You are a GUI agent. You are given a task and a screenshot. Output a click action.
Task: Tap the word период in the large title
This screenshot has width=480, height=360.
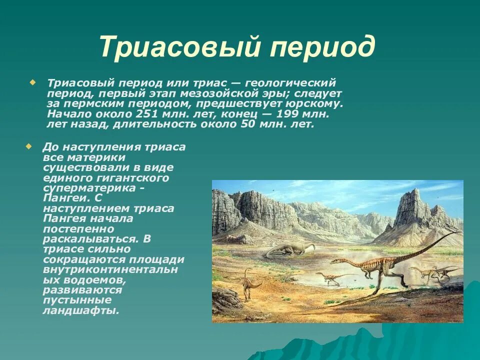322,48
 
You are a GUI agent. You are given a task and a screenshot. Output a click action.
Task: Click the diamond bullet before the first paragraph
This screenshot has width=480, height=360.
32,82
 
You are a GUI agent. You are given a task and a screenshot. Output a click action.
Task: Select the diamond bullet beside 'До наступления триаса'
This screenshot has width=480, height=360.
28,146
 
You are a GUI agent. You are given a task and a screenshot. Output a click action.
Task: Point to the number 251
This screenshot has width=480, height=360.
146,114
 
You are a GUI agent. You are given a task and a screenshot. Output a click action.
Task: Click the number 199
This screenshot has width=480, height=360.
287,114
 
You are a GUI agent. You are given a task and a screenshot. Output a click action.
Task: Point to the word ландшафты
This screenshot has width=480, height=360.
80,310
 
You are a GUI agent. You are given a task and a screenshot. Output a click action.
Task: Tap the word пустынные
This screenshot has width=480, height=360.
77,300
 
